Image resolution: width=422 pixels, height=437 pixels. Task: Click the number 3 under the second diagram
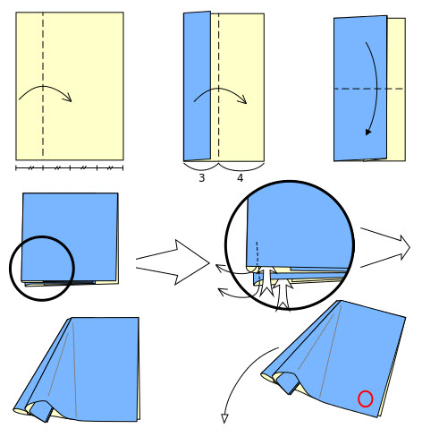(x=202, y=178)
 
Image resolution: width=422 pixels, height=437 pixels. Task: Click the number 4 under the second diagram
(x=240, y=178)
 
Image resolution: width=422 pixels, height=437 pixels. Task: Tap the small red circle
(x=365, y=398)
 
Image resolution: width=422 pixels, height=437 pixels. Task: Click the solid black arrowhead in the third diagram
(x=368, y=132)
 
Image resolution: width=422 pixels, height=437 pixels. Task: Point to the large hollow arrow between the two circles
(x=173, y=262)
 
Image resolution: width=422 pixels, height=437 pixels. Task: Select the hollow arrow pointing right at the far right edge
(x=385, y=248)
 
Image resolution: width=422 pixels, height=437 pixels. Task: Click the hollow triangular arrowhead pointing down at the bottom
(x=224, y=418)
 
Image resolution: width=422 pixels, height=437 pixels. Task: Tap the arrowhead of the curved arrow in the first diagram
(x=68, y=98)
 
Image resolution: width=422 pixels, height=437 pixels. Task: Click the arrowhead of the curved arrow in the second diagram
(x=243, y=100)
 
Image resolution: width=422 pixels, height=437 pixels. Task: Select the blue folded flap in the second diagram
(x=197, y=86)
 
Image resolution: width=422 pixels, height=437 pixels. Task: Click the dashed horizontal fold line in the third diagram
(x=369, y=89)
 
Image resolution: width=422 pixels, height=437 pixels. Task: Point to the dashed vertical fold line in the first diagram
(x=43, y=84)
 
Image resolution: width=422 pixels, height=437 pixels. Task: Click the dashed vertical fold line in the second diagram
(x=218, y=85)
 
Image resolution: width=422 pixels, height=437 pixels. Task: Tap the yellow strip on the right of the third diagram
(x=396, y=90)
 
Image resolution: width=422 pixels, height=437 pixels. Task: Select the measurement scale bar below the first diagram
(x=69, y=168)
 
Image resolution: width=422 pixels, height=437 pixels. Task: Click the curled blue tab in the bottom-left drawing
(x=42, y=411)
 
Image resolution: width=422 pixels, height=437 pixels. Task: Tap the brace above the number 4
(x=241, y=167)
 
